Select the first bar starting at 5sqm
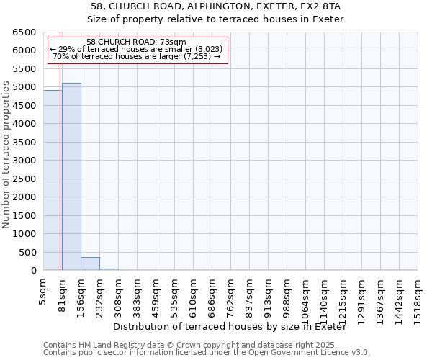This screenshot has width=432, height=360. (x=53, y=180)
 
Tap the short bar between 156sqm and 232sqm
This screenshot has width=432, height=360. (x=90, y=264)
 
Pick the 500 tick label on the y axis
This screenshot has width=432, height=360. (x=27, y=253)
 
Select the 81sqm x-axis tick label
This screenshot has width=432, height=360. (x=62, y=293)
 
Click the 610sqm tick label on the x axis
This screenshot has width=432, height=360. (x=193, y=295)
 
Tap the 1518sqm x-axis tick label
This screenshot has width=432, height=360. (x=418, y=298)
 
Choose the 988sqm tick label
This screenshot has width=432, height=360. (x=287, y=295)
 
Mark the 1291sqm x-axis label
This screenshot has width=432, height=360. (x=361, y=298)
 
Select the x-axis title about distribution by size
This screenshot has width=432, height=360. (x=230, y=328)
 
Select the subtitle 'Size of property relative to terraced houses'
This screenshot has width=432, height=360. (x=216, y=19)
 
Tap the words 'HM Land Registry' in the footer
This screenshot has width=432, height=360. (x=106, y=345)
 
